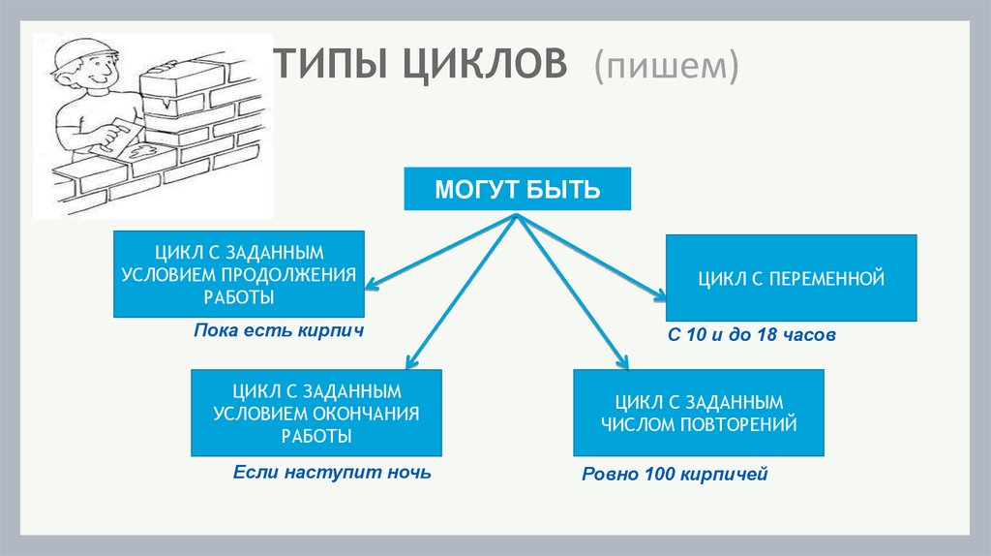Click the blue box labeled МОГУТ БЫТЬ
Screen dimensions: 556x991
(518, 190)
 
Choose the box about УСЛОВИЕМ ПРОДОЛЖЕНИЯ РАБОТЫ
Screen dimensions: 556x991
(238, 274)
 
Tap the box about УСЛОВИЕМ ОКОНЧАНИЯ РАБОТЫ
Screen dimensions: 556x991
(316, 413)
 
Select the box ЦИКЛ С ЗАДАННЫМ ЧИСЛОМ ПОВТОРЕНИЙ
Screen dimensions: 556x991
(699, 413)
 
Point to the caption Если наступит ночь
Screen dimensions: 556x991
(331, 473)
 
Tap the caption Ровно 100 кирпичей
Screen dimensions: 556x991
(674, 475)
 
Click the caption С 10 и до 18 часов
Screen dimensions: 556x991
(751, 335)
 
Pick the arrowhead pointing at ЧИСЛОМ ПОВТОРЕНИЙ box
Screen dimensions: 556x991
(623, 364)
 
